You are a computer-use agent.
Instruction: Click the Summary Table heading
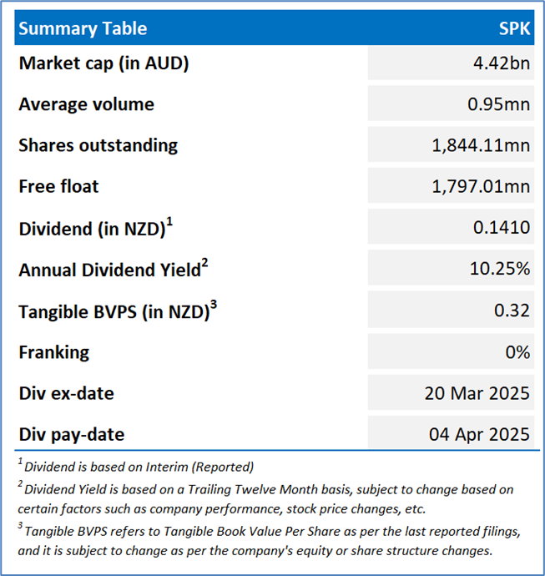pos(83,28)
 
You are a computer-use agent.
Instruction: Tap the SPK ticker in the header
pos(514,28)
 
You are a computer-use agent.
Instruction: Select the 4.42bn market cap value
pos(502,63)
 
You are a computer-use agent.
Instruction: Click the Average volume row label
pos(86,104)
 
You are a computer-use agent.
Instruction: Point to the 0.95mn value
pos(498,104)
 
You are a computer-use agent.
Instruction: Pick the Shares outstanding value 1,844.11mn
pos(481,145)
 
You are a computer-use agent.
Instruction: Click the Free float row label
pos(58,186)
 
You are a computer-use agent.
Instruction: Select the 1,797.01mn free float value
pos(481,187)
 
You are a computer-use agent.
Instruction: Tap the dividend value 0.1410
pos(502,228)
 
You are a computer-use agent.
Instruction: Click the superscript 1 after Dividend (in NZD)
pos(169,222)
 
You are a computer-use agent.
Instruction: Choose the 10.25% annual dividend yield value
pos(500,269)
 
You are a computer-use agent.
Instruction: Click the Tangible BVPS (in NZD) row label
pos(114,312)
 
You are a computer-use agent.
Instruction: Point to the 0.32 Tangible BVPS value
pos(512,311)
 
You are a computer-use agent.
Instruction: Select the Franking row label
pos(54,352)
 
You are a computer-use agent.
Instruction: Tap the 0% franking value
pos(517,352)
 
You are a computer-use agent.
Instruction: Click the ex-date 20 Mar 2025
pos(477,393)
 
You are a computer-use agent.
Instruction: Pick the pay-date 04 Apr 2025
pos(479,435)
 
